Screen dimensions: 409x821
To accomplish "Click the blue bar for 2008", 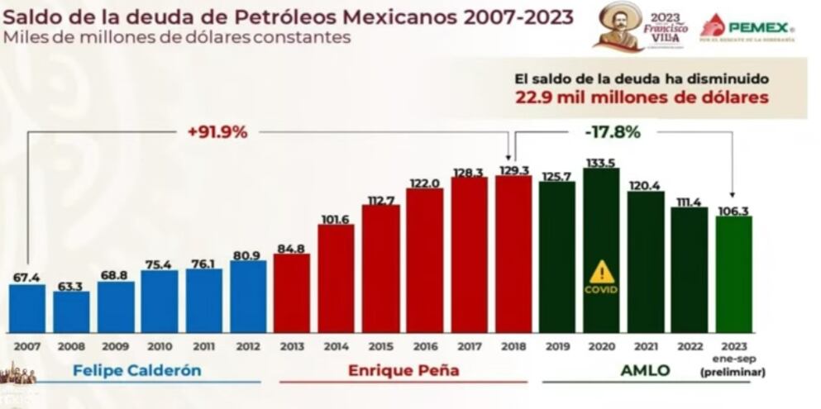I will tap(71, 312).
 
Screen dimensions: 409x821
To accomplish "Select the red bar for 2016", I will tap(424, 260).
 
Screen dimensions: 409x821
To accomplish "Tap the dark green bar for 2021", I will tap(645, 262).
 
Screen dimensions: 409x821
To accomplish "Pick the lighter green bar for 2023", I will tap(733, 274).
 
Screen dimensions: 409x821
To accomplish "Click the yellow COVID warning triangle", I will tap(601, 272).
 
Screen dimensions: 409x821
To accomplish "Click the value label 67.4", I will tap(26, 278).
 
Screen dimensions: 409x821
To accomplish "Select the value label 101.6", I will tap(336, 218).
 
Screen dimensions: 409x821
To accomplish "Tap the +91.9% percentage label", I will tap(217, 131).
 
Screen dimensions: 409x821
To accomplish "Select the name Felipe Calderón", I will tap(136, 370).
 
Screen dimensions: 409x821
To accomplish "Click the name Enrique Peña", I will tap(403, 370).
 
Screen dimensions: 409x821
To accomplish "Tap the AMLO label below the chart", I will tap(645, 370).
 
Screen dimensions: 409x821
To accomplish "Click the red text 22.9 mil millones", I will tap(641, 97).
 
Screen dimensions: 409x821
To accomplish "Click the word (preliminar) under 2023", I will tap(733, 372).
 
